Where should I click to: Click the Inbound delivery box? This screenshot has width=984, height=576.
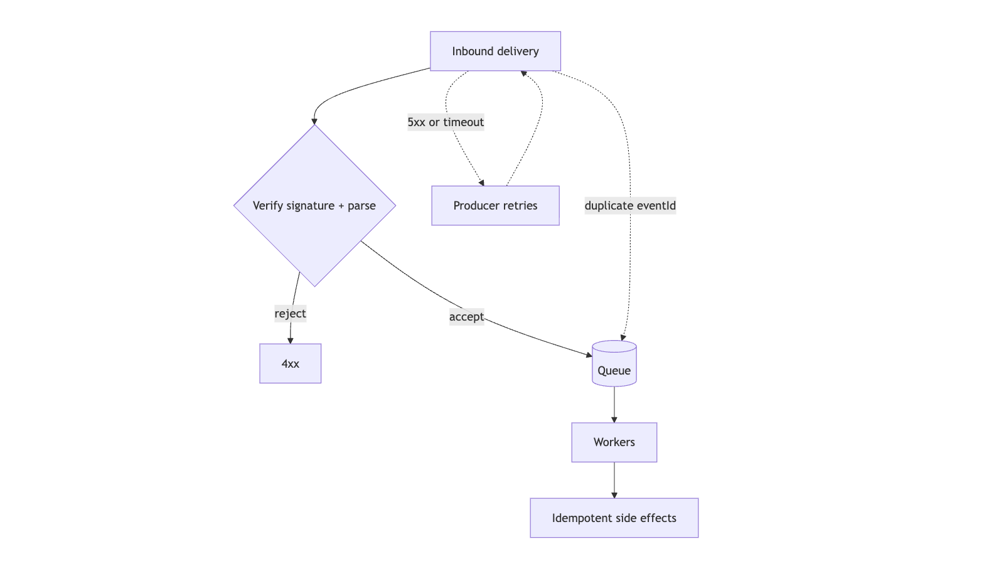tap(495, 51)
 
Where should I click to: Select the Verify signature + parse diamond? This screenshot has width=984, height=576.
tap(314, 205)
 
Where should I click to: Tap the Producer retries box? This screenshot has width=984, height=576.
tap(495, 205)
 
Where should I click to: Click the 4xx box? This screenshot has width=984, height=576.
tap(290, 363)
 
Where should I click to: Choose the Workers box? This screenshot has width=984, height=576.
tap(614, 442)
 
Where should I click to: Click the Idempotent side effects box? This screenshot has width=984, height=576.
tap(614, 518)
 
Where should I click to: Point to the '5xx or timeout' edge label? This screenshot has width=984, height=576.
tap(446, 122)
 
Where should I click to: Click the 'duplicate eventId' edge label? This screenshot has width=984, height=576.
tap(630, 205)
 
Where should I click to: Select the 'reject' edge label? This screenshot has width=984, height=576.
tap(290, 313)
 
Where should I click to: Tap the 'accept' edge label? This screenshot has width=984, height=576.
tap(466, 317)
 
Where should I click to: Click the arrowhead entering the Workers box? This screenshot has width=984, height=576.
tap(614, 419)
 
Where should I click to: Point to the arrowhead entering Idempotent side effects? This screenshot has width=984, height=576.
tap(614, 495)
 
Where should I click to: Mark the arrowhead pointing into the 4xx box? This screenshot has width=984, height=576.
tap(290, 340)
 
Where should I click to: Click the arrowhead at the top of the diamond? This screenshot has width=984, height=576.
tap(314, 121)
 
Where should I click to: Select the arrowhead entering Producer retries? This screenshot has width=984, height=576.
tap(481, 183)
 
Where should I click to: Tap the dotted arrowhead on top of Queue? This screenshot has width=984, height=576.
tap(623, 337)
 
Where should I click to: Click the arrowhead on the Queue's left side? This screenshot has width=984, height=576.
tap(588, 355)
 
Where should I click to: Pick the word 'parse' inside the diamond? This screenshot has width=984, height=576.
tap(361, 205)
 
